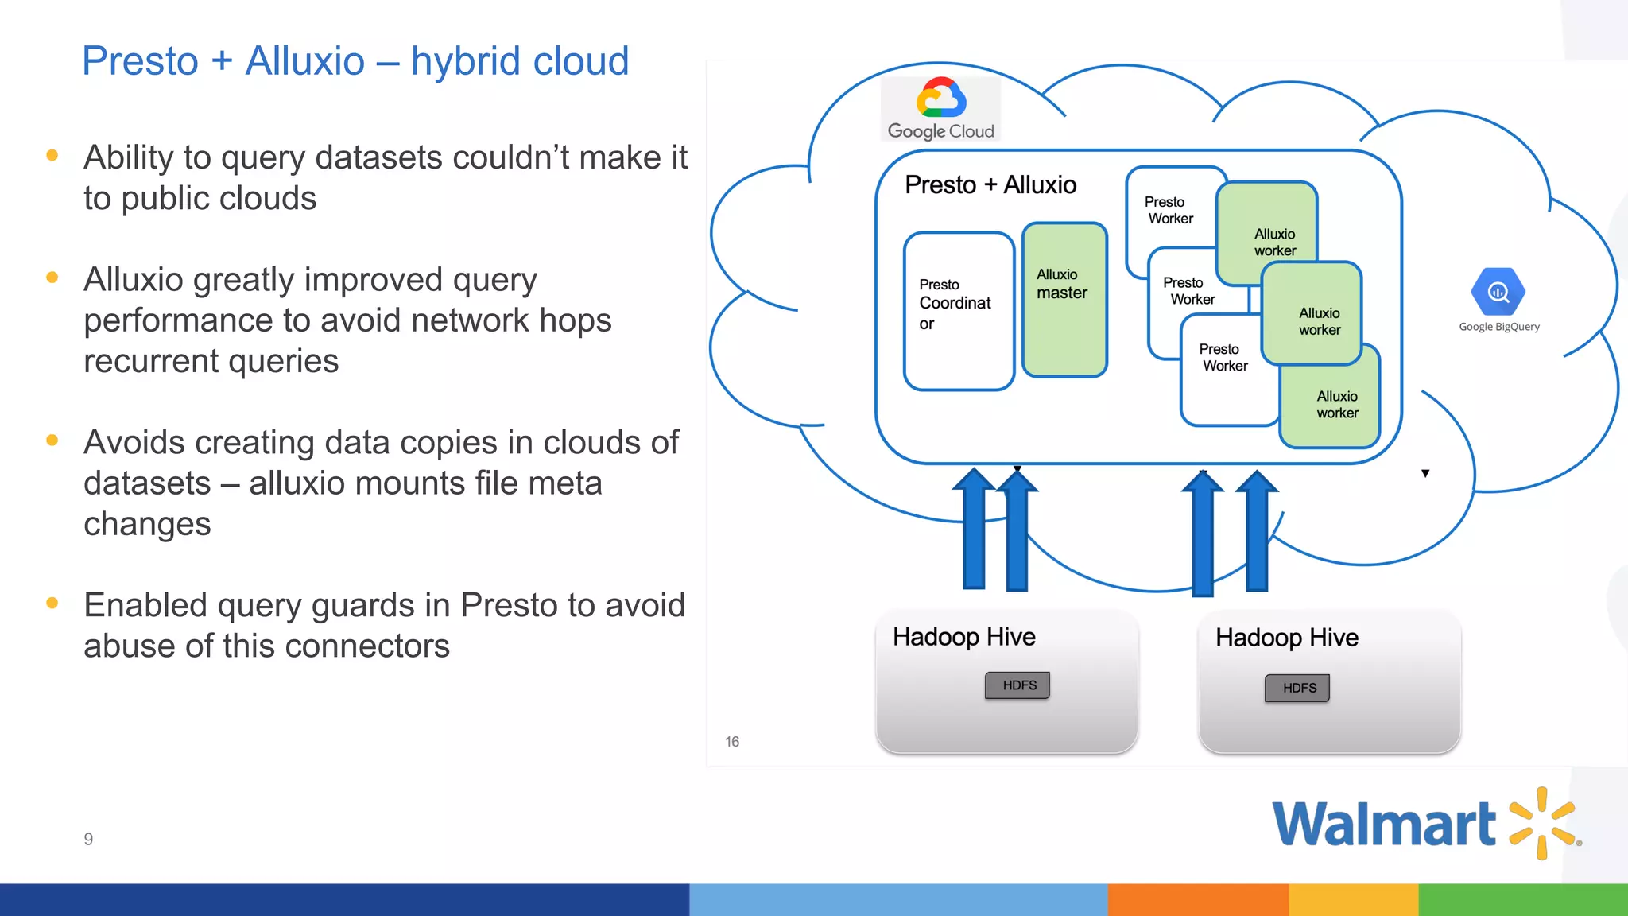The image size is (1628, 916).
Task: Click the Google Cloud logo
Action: click(941, 109)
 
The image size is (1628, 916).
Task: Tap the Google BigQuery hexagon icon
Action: click(1498, 292)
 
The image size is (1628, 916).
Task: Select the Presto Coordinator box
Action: click(958, 311)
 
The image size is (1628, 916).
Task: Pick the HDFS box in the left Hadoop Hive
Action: click(1017, 685)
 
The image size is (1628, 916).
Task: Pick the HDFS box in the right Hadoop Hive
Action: click(1297, 688)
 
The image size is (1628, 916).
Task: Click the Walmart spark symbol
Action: click(1541, 823)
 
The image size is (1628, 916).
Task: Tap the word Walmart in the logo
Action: click(1383, 824)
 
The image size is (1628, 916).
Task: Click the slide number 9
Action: click(88, 839)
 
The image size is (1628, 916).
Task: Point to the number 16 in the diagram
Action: click(732, 741)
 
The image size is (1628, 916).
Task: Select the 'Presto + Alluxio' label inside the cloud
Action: click(990, 184)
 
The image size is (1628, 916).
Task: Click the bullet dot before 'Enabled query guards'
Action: click(52, 603)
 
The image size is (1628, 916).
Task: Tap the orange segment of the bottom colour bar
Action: click(1197, 899)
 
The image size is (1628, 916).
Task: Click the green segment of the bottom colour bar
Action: click(1522, 899)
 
